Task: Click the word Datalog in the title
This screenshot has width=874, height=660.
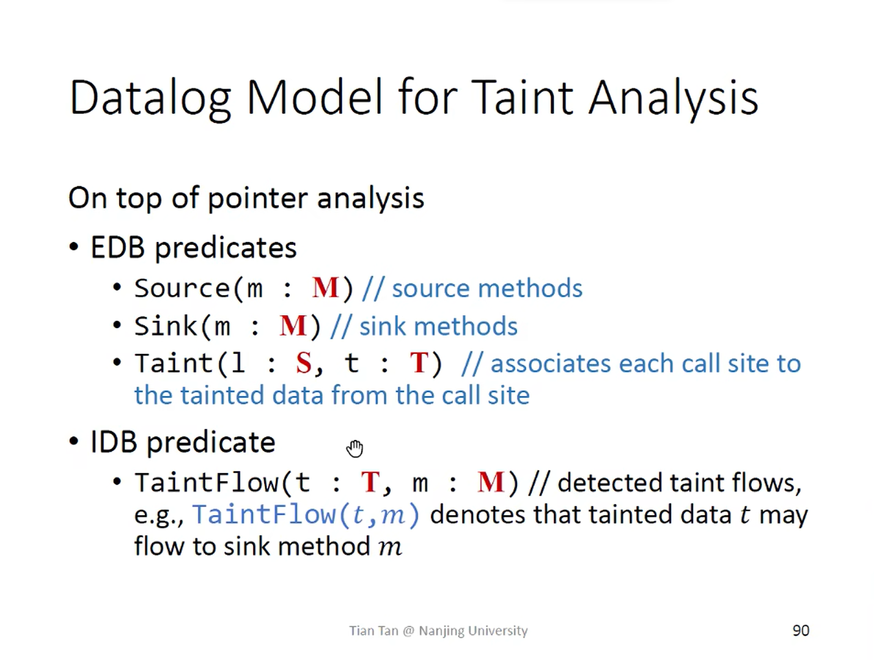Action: (x=150, y=98)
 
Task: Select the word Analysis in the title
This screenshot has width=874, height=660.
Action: (x=674, y=98)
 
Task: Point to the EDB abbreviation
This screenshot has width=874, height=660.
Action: (x=117, y=248)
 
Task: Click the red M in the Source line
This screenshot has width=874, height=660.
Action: (x=325, y=287)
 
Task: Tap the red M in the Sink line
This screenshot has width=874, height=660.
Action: (x=293, y=326)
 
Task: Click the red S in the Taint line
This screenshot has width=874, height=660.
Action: (x=303, y=363)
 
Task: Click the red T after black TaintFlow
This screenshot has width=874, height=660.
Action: (x=370, y=482)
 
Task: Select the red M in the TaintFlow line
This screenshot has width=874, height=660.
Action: (x=491, y=482)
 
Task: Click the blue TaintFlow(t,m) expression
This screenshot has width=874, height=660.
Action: (x=306, y=515)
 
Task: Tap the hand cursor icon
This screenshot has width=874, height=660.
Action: (x=354, y=449)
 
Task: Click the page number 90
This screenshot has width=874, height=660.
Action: (x=801, y=631)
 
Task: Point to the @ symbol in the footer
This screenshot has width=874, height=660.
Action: (x=408, y=631)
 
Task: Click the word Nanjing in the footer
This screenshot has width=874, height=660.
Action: (x=441, y=631)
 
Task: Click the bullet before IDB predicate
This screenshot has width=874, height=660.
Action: (x=74, y=441)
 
